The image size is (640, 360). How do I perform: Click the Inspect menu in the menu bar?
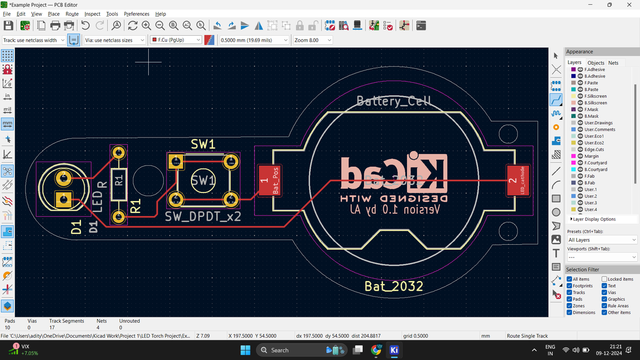pos(92,14)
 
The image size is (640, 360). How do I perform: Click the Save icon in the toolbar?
pos(9,26)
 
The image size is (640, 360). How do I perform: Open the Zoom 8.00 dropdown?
pos(313,40)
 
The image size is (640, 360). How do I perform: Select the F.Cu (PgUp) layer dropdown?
pos(175,40)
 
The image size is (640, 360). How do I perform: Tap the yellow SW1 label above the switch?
pos(203,145)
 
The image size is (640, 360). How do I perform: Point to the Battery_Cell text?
pos(393,101)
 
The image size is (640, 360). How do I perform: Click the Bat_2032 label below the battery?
pos(394,286)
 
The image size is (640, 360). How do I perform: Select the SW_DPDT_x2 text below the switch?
pos(203,217)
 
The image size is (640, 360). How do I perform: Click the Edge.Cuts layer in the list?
pos(594,149)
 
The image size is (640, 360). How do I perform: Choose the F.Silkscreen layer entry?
pos(595,96)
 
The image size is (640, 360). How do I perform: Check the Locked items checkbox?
pos(605,279)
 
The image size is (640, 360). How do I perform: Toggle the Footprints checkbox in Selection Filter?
pos(570,286)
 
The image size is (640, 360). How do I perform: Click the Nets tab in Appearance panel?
pos(613,63)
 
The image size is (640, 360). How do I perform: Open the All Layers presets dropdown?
pos(602,240)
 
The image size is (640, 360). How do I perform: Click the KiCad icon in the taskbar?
pos(394,350)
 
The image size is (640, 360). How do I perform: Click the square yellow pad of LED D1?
pos(63,199)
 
